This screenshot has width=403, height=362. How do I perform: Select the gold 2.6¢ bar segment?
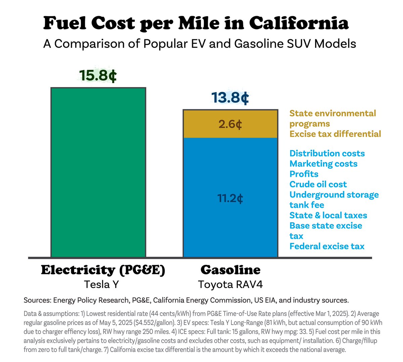point(230,124)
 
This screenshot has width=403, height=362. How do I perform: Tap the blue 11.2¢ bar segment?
point(230,198)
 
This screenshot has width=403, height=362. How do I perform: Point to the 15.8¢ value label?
point(98,76)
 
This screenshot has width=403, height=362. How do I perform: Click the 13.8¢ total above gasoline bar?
point(230,98)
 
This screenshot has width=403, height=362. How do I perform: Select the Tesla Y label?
point(101,284)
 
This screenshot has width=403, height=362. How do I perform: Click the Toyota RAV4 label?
point(230,284)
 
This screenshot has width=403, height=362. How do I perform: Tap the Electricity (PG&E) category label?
point(103,270)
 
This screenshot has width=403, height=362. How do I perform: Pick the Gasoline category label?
point(230,270)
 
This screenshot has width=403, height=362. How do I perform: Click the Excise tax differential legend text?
point(335,134)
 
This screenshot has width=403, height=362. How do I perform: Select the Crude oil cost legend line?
point(318,184)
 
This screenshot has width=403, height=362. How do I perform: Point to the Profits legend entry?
point(304,174)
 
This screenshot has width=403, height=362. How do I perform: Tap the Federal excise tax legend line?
point(326,246)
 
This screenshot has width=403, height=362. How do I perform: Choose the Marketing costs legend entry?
point(323,164)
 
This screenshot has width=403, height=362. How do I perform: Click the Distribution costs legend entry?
point(327,153)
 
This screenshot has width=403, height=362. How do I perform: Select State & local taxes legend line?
point(328,215)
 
